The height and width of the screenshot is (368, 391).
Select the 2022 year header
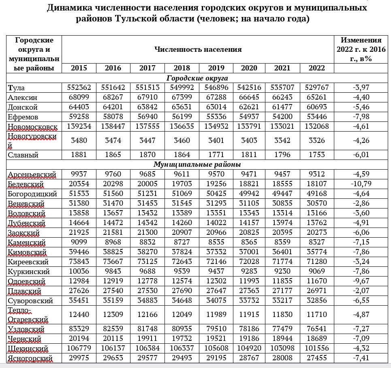click(x=316, y=68)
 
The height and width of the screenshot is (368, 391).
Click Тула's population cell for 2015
click(x=79, y=87)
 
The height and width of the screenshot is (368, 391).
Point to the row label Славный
click(x=23, y=155)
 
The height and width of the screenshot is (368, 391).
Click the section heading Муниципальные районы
click(x=197, y=165)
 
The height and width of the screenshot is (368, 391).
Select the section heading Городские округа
click(x=197, y=78)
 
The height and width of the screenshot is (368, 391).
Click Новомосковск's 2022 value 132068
click(x=316, y=126)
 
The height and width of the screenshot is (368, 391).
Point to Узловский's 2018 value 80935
click(x=182, y=330)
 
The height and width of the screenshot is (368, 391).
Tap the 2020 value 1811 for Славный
click(x=249, y=155)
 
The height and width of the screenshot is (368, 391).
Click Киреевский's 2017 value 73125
click(x=147, y=262)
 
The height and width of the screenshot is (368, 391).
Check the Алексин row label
click(x=23, y=97)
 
